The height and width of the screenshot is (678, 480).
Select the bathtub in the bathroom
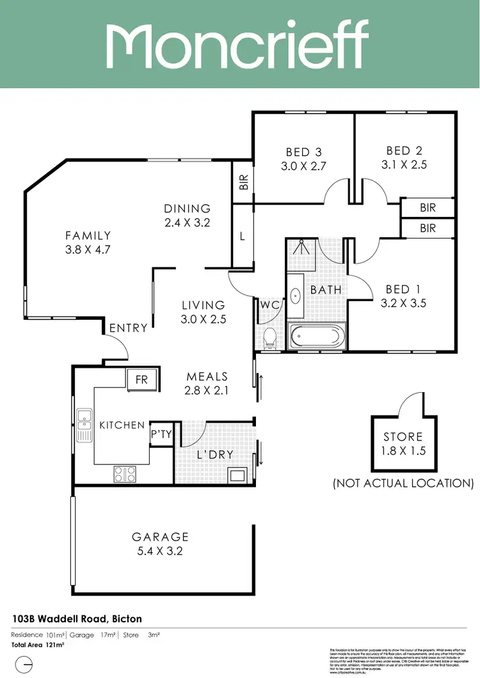(x=316, y=337)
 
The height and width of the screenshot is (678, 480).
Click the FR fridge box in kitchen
(x=141, y=379)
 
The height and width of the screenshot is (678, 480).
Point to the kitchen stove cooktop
(x=125, y=474)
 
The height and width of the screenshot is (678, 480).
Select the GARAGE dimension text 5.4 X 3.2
(x=160, y=551)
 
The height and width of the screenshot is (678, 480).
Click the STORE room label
(x=403, y=437)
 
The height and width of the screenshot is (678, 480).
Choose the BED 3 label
(x=304, y=152)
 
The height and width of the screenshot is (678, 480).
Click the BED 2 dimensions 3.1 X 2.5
(x=404, y=164)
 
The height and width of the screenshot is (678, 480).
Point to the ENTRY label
(x=128, y=328)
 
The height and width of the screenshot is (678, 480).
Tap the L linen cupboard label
(x=243, y=236)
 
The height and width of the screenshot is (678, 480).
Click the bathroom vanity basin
(x=296, y=296)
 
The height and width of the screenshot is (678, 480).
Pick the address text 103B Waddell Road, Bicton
(x=77, y=619)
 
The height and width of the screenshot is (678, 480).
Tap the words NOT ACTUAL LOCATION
(x=403, y=483)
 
